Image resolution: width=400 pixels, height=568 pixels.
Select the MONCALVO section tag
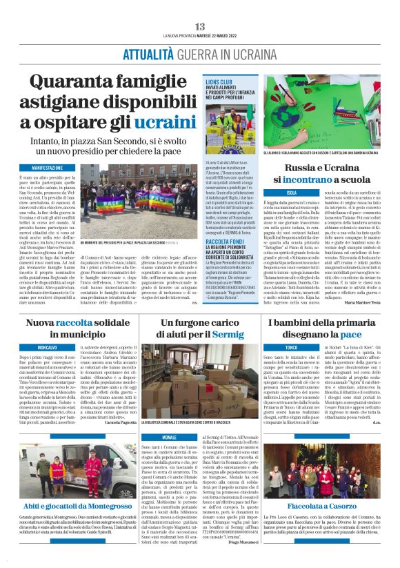[x=48, y=345]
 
